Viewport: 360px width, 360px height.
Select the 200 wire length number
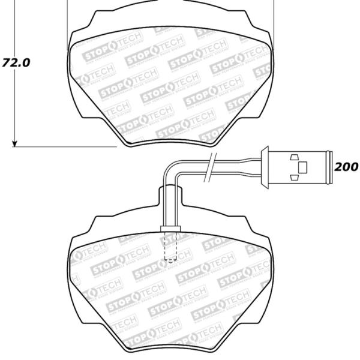[x=346, y=166]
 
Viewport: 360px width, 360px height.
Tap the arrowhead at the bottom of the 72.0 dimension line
[x=14, y=142]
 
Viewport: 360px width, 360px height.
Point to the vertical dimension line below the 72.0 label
[x=14, y=108]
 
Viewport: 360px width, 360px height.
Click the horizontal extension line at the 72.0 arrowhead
[x=66, y=146]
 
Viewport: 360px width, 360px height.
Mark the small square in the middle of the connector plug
[x=302, y=166]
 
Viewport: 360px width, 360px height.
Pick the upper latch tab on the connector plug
[x=294, y=157]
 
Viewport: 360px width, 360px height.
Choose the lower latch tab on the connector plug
[x=294, y=176]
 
